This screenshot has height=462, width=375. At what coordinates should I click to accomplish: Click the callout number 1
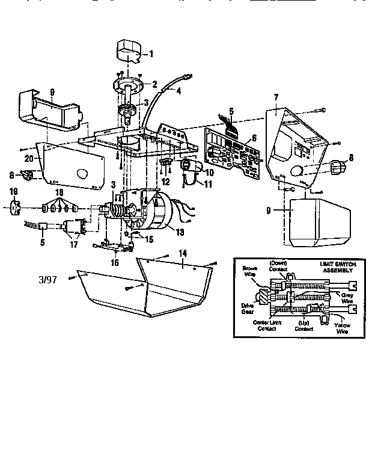[151, 54]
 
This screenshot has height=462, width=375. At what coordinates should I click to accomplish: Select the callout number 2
[154, 84]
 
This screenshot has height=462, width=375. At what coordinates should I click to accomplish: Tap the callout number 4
[178, 91]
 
